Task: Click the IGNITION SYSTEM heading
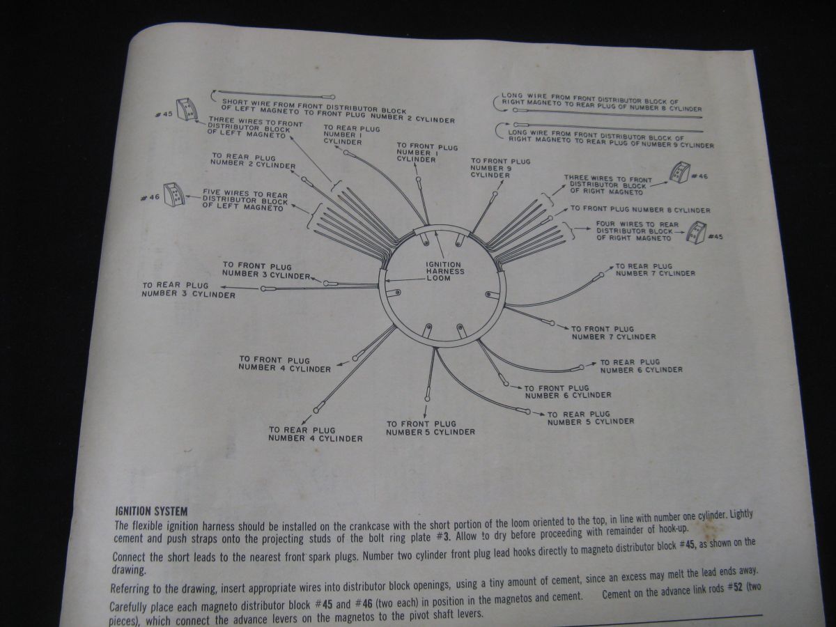[151, 511]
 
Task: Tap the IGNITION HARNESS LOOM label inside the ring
[444, 271]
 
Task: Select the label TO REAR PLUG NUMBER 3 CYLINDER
[188, 290]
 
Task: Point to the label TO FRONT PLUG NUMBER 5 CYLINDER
[431, 428]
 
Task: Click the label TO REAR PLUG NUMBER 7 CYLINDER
[655, 270]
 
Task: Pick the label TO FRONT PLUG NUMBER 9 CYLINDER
[500, 168]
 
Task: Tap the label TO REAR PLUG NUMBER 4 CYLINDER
[315, 434]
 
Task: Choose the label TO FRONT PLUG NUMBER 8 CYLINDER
[640, 210]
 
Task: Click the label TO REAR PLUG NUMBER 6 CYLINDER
[641, 366]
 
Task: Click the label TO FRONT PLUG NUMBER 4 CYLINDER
[284, 364]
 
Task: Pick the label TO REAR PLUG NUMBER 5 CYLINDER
[590, 418]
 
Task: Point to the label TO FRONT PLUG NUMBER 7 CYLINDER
[613, 332]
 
